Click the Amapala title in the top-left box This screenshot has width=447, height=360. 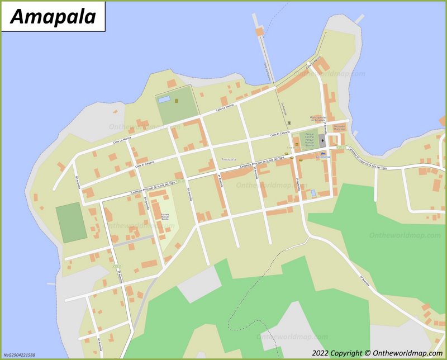coord(53,17)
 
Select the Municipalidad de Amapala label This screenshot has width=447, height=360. coord(317,119)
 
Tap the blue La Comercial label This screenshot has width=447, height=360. coord(323,157)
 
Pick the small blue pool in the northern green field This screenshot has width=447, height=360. coord(164,99)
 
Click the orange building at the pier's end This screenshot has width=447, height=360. coord(259,32)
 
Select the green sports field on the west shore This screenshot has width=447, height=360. coord(71,222)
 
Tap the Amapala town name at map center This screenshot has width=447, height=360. coord(228,160)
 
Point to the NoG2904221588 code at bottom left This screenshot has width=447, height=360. coord(19,355)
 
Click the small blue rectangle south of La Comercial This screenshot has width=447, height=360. coord(313,193)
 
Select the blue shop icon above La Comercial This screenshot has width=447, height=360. coord(322,151)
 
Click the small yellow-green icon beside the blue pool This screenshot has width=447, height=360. coord(177,101)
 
